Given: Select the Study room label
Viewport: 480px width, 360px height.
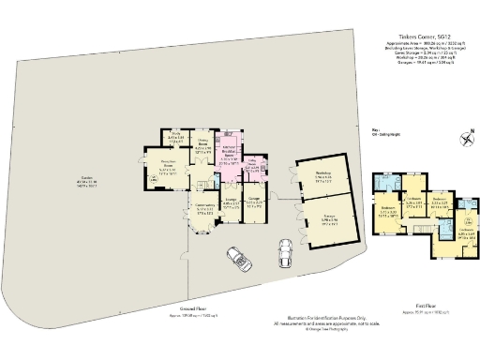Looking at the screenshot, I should [175, 137].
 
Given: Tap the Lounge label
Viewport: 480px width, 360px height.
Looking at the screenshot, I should [230, 202].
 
